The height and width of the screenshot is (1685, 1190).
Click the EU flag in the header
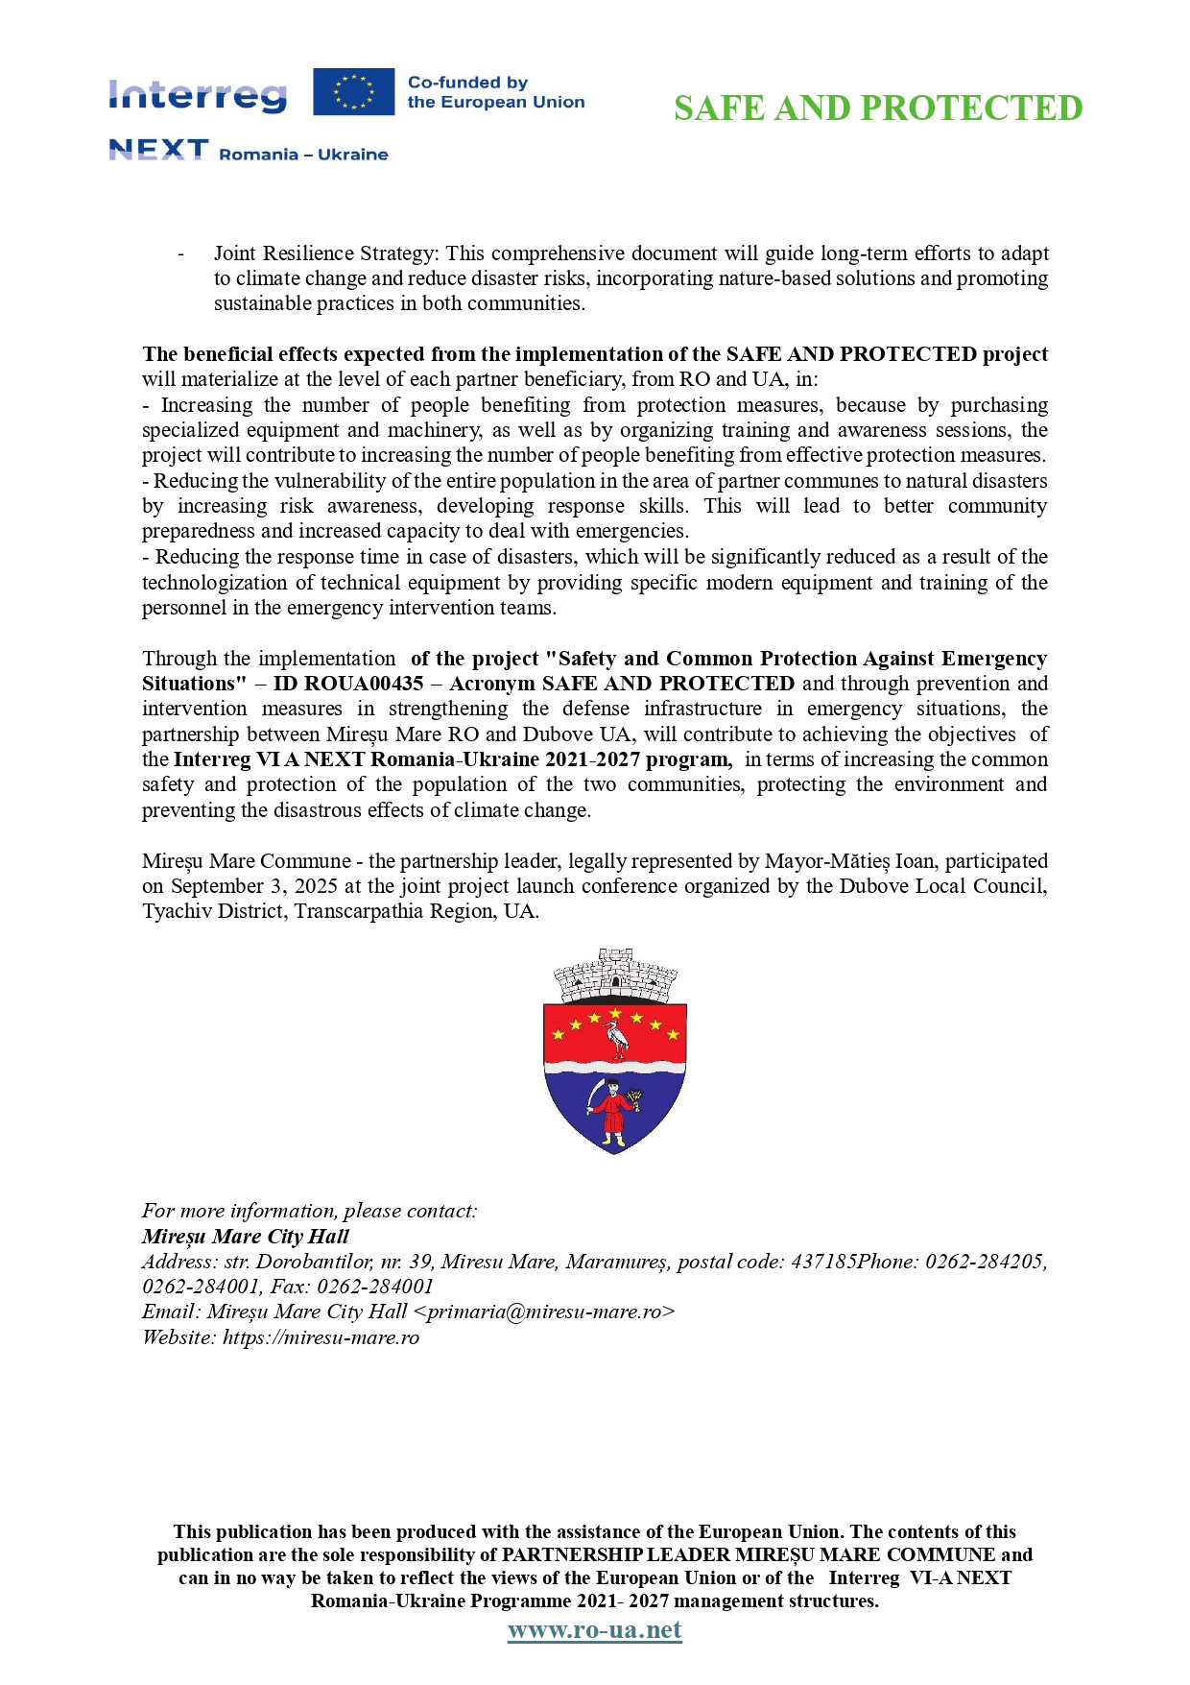353,92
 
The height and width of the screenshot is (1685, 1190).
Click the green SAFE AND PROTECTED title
877,108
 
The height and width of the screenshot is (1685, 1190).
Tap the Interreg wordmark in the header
198,95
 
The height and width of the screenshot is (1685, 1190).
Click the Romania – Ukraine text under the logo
303,155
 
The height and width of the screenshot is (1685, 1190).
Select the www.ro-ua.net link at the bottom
594,1630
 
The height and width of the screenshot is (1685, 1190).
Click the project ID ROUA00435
363,684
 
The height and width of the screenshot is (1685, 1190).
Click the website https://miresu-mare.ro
321,1337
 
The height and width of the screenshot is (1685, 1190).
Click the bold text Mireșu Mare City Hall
245,1237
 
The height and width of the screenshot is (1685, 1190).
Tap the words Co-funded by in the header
467,83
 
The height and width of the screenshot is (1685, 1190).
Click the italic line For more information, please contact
309,1211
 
